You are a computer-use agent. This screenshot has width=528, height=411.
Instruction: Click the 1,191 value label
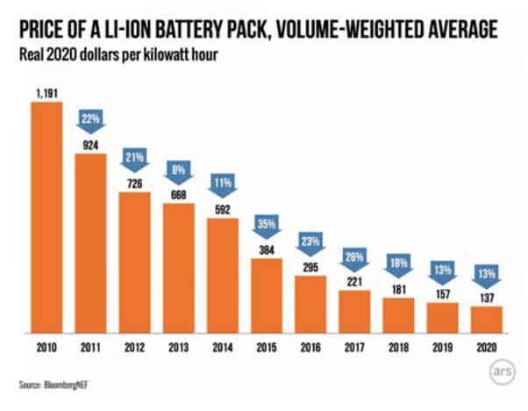pos(46,93)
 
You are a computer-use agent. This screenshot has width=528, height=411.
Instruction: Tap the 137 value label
pos(487,297)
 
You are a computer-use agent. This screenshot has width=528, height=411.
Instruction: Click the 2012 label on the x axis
pos(134,347)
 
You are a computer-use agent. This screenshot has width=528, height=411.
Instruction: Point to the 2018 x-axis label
pos(399,347)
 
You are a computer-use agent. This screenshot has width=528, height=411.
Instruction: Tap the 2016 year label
pos(310,347)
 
